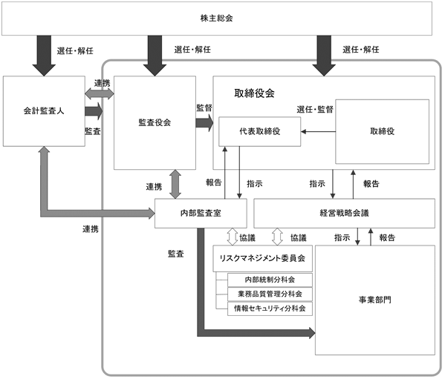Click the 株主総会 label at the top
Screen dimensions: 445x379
tap(216, 18)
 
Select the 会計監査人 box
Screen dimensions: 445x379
tap(44, 111)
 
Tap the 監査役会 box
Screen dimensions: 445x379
tap(155, 122)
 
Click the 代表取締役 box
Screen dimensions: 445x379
tap(260, 131)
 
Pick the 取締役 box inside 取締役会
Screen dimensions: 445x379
tap(383, 131)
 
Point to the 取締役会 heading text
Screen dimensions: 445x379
tap(254, 93)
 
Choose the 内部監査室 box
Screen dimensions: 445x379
tap(201, 214)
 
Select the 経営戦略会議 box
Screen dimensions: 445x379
tap(344, 214)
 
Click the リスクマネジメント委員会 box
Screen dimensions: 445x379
tap(262, 258)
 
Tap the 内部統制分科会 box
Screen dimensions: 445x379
tap(270, 280)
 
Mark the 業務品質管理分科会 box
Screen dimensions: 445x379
tap(270, 294)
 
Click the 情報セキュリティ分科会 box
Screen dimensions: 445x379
tap(270, 309)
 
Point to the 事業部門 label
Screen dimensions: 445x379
tap(374, 300)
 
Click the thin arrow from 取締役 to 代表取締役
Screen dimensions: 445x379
tap(318, 132)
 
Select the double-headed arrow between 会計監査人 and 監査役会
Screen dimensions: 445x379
tap(100, 93)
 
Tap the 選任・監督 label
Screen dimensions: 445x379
tap(315, 109)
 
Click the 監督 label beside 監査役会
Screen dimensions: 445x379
tap(204, 108)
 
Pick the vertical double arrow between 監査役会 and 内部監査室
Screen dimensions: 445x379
tap(175, 184)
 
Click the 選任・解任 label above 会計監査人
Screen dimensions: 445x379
tap(75, 50)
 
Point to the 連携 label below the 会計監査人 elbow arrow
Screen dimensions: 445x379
tap(91, 229)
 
